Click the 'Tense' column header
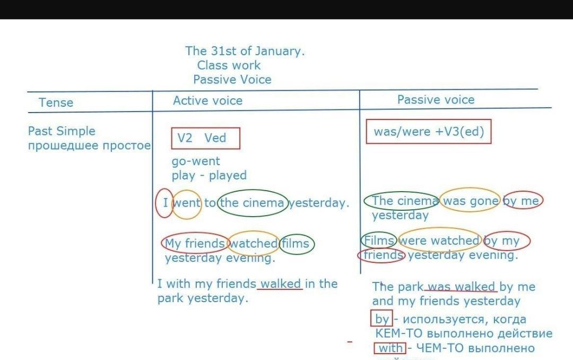point(56,102)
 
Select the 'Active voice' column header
point(207,101)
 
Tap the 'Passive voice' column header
point(436,100)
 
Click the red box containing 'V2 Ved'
point(205,138)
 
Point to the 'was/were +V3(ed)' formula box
point(429,132)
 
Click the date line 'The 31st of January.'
point(245,51)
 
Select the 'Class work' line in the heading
point(229,65)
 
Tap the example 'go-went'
point(196,161)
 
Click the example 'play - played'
point(209,175)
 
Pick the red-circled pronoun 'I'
point(165,203)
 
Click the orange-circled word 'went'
point(187,203)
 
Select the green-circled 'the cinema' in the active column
point(253,203)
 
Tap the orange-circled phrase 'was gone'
point(471,201)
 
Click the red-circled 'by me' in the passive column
point(523,201)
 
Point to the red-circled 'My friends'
point(195,244)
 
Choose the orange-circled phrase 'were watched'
point(439,241)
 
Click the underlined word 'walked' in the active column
point(281,284)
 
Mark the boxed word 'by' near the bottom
point(382,320)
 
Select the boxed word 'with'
point(390,348)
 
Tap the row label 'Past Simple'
point(62,131)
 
